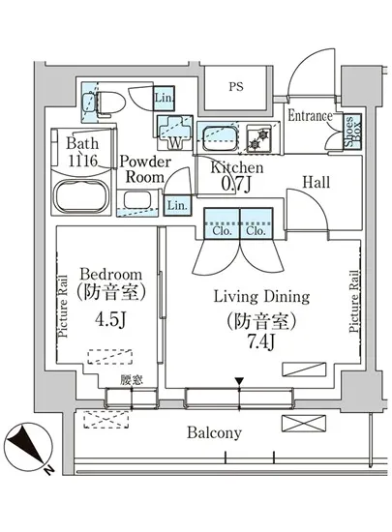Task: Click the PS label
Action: click(x=236, y=86)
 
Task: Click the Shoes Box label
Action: click(x=353, y=132)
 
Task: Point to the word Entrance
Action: click(x=310, y=116)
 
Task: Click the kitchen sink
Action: click(x=220, y=137)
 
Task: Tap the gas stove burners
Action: click(x=259, y=140)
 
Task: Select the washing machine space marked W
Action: click(x=175, y=133)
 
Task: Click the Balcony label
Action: click(x=214, y=433)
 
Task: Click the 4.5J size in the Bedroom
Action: click(x=110, y=319)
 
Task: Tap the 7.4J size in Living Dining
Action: click(x=260, y=342)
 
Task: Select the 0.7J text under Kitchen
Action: click(x=236, y=184)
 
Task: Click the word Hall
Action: click(x=316, y=183)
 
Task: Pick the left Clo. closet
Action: click(x=222, y=223)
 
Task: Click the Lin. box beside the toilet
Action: click(x=165, y=98)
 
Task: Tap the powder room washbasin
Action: click(x=136, y=200)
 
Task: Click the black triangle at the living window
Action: click(x=240, y=381)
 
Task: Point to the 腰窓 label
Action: click(x=132, y=380)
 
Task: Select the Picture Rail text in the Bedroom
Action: click(x=63, y=306)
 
